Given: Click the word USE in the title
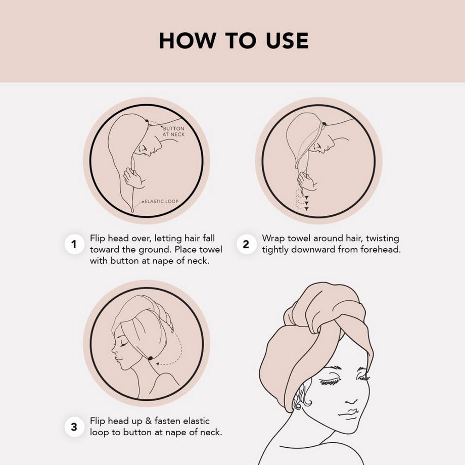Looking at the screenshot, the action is [x=287, y=40].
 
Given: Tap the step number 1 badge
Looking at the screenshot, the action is [x=74, y=244].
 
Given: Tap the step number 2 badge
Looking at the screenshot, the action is [x=246, y=244].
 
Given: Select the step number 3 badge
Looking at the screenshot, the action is [x=74, y=427].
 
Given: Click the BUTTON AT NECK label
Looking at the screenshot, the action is [x=173, y=131].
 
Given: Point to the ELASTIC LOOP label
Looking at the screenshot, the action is [x=162, y=201].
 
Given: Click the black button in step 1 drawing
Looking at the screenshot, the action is [x=147, y=121].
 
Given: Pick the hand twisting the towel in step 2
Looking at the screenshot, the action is [x=307, y=182].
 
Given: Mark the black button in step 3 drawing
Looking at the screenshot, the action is [x=150, y=358].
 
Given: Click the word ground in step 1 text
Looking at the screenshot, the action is [x=155, y=250].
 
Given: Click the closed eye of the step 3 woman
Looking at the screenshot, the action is [x=123, y=344].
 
